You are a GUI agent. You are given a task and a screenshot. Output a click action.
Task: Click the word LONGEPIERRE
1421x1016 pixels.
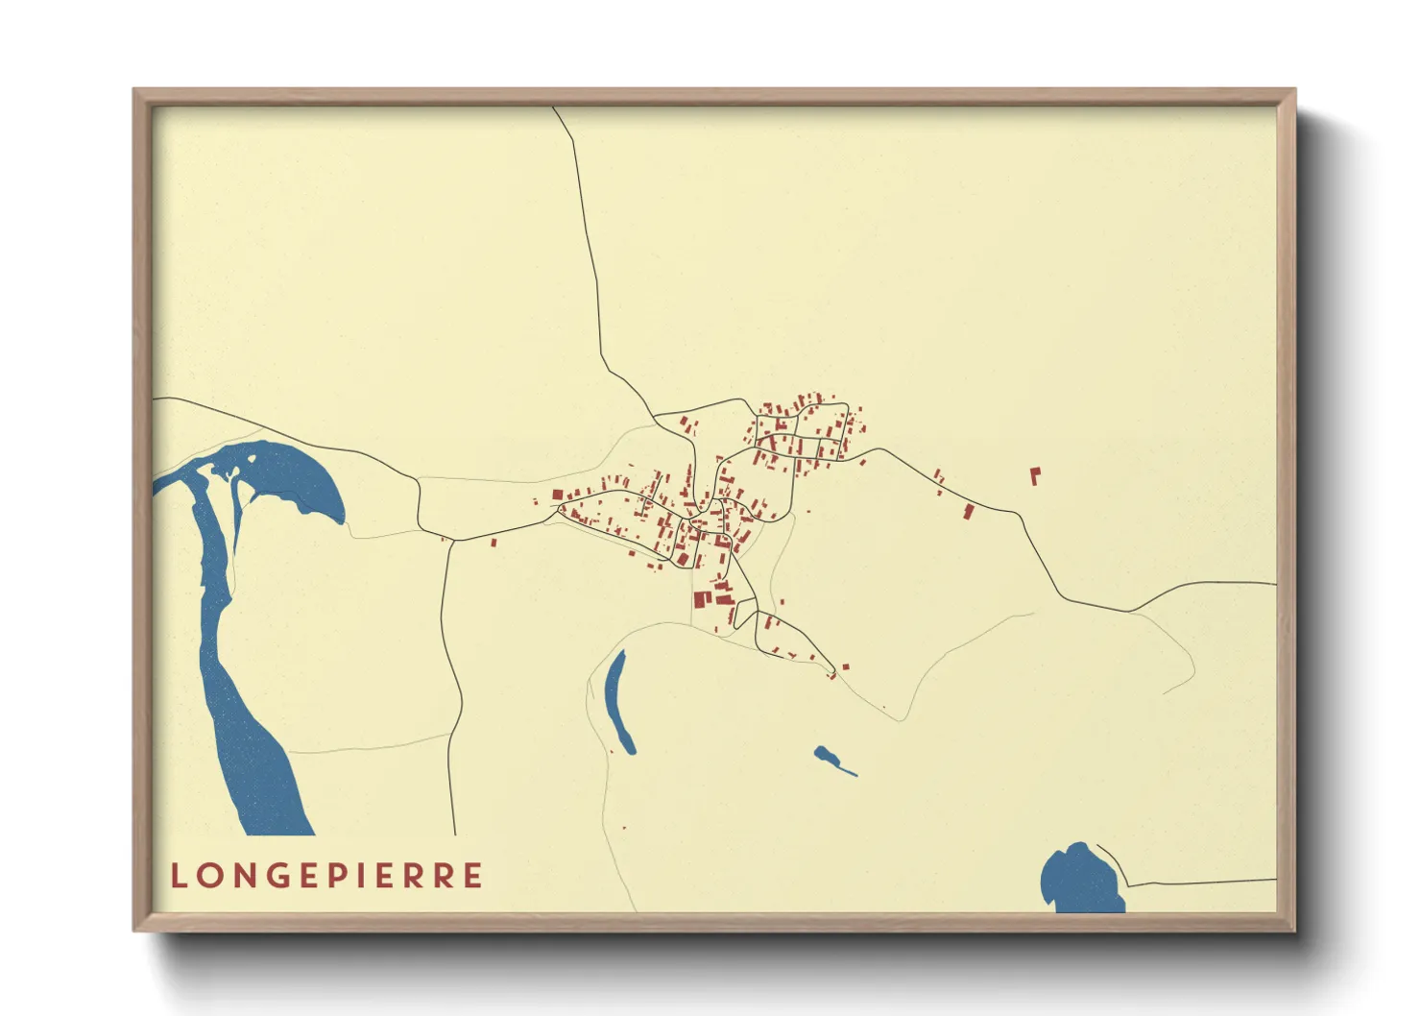point(326,876)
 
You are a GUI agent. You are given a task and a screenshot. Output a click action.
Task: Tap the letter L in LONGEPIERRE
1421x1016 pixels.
point(179,876)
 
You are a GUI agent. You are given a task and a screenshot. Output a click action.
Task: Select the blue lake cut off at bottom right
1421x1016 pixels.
point(1080,879)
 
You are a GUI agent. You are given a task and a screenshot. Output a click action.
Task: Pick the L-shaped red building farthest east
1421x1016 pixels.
point(1035,475)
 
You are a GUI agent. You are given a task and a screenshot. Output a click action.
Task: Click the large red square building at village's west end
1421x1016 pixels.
point(557,496)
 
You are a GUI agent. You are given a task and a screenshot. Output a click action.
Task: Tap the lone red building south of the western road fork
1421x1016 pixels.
point(494,543)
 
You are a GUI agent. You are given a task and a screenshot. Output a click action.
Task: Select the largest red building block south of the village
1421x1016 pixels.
point(701,599)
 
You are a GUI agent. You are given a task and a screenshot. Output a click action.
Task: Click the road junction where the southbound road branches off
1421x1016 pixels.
point(451,541)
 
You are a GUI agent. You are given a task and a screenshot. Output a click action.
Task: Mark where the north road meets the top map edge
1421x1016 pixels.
point(554,108)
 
